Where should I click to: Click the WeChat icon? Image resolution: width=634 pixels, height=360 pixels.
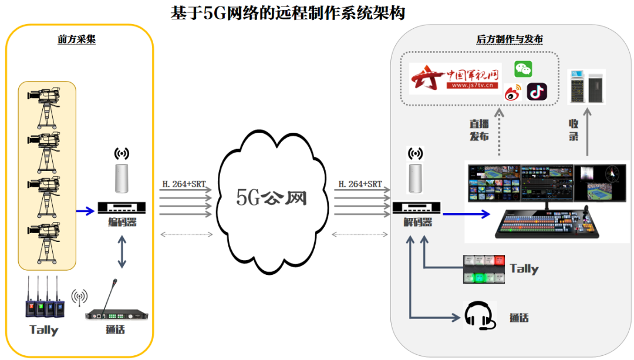click(x=523, y=69)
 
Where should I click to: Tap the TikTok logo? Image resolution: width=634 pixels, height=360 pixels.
click(x=537, y=92)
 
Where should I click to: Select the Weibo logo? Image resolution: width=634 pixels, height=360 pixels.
click(x=513, y=93)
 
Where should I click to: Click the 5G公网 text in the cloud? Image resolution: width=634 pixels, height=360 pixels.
click(x=271, y=198)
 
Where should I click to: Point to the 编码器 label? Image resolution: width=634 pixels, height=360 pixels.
click(x=122, y=222)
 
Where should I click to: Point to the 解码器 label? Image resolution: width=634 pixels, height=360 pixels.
click(x=418, y=222)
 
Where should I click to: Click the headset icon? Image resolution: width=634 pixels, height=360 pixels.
click(x=480, y=315)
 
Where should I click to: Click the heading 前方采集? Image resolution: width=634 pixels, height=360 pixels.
click(x=76, y=39)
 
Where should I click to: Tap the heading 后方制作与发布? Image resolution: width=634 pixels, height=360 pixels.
click(x=510, y=39)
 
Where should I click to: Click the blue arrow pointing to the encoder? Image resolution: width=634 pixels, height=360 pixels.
click(x=85, y=211)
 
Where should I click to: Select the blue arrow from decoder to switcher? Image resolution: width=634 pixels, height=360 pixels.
click(x=467, y=214)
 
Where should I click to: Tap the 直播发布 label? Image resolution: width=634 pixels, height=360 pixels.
click(x=479, y=130)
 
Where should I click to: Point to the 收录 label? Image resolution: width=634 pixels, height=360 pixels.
click(x=574, y=130)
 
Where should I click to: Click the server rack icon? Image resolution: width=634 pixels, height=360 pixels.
click(x=586, y=86)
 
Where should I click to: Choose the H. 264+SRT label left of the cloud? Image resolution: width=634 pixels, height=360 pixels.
click(x=184, y=184)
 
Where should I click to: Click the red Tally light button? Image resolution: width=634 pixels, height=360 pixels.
click(x=500, y=260)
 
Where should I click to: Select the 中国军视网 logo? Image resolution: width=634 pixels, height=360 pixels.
click(x=456, y=79)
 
